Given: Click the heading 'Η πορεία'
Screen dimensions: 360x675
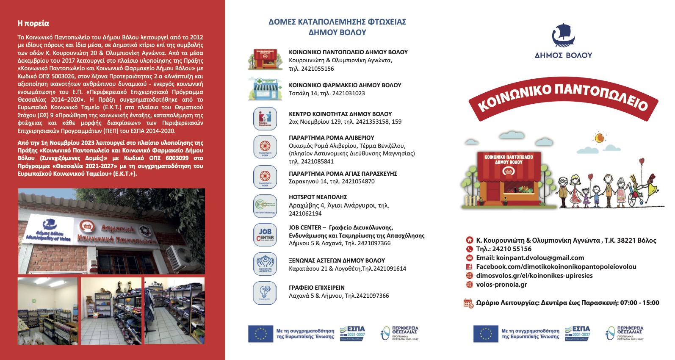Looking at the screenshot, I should (33, 23).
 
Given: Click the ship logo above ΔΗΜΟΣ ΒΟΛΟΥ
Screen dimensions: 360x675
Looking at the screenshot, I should (563, 36).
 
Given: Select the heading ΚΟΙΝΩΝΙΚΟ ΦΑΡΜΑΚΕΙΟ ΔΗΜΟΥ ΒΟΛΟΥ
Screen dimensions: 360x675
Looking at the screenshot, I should (345, 85).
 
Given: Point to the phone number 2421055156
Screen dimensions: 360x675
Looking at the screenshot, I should (317, 69).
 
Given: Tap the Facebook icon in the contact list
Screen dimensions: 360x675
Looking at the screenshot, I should (469, 267).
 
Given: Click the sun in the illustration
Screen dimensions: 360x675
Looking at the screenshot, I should (599, 138).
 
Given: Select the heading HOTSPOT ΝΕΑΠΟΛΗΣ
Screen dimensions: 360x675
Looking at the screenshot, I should (318, 197).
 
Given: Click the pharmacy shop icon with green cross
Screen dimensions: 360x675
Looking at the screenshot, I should (265, 89).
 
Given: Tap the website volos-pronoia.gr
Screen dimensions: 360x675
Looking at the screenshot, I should (501, 285).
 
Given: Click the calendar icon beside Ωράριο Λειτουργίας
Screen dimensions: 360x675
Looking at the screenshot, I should (468, 303).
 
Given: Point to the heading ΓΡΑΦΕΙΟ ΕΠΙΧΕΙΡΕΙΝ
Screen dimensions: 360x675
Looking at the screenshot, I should (317, 288).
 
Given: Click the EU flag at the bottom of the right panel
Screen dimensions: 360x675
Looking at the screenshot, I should (486, 334).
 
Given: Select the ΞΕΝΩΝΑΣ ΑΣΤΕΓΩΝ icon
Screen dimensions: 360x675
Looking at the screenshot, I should (265, 263).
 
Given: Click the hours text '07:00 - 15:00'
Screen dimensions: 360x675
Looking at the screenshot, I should (639, 303).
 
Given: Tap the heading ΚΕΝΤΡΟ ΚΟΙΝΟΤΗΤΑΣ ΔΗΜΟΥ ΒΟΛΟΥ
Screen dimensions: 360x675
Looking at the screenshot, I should (340, 114).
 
